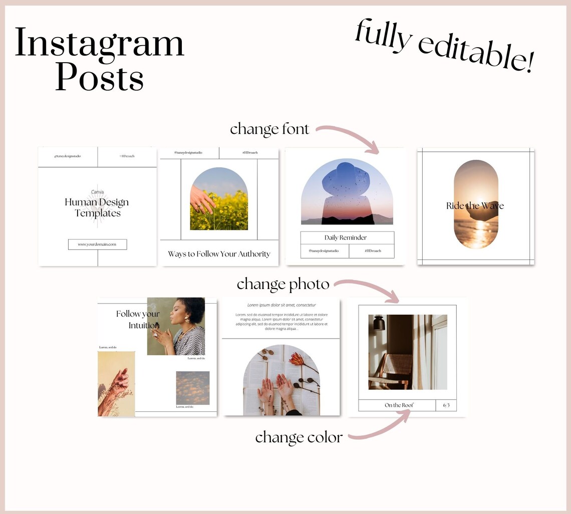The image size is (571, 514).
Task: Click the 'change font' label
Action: pos(269,129)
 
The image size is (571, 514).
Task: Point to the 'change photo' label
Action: pos(283,285)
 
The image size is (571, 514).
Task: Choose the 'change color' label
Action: pos(299,437)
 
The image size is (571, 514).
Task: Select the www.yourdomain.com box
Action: pos(97,244)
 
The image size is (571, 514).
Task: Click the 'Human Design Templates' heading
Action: pos(97,207)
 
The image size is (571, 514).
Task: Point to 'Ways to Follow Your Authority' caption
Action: pos(219,254)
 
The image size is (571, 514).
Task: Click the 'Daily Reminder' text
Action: pos(346,237)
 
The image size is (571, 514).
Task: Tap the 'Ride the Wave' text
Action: pos(475,206)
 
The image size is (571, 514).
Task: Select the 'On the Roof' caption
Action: pos(399,405)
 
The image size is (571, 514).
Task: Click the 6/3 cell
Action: pos(446,405)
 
